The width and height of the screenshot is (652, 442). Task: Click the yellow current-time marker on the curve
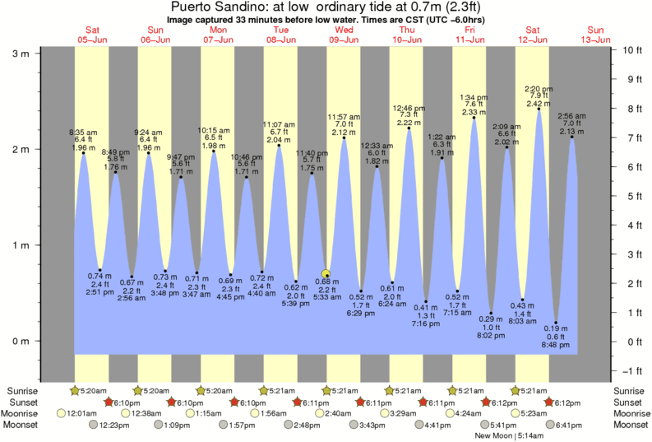point(326,274)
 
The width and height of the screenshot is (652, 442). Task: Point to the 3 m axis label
point(20,54)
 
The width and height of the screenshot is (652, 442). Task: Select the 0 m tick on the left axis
point(20,341)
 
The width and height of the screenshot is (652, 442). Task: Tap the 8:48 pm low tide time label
point(557,346)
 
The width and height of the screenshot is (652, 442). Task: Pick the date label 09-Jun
point(344,40)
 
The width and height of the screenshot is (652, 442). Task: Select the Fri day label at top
point(470,30)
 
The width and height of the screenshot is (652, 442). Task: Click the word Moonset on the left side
point(23,425)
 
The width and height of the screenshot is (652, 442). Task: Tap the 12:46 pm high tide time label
point(409,108)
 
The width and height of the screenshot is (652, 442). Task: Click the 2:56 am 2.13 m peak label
point(572,115)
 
